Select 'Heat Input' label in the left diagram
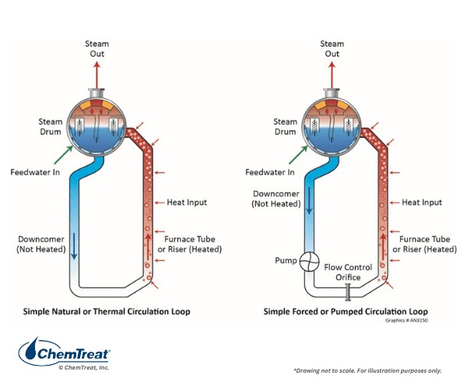click(187, 202)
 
